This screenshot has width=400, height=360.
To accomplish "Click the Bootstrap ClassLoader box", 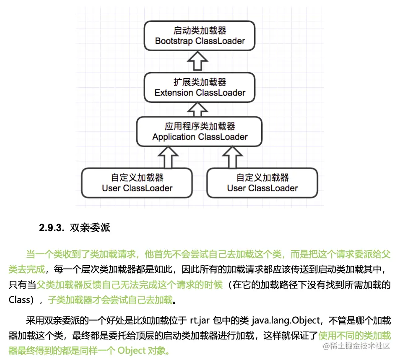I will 200,36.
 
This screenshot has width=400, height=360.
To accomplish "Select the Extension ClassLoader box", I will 200,87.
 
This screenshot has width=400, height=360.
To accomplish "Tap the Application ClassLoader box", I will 200,131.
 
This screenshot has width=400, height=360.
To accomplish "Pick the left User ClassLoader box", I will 137,183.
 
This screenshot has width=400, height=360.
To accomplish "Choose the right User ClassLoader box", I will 262,183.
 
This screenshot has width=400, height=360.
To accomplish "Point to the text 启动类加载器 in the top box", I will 200,31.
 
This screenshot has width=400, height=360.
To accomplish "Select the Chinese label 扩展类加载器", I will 200,82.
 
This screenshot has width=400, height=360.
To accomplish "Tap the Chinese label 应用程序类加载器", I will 200,126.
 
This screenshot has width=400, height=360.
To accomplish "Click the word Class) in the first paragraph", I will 20,300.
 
